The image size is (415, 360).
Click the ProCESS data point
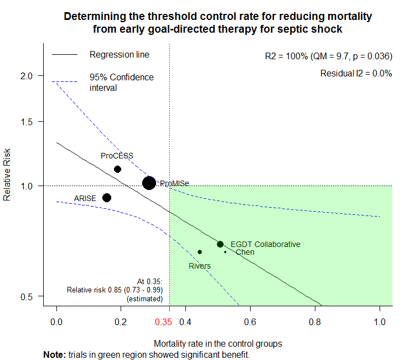tap(117, 169)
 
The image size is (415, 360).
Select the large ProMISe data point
tap(149, 183)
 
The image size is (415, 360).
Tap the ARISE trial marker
tap(107, 198)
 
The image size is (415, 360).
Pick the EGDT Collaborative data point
tap(220, 244)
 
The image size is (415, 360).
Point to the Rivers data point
tap(200, 252)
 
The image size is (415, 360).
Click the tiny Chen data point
tap(225, 252)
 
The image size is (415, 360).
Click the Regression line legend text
tap(120, 55)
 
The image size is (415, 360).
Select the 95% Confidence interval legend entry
tap(122, 82)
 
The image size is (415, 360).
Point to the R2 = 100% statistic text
tap(329, 56)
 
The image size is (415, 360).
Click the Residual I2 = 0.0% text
tap(356, 73)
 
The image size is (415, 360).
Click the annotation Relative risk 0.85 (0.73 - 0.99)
tap(115, 290)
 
